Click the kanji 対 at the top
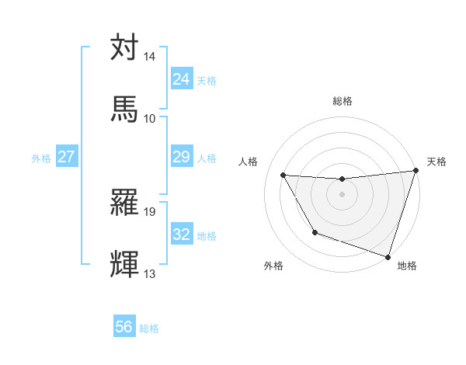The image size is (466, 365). click(125, 48)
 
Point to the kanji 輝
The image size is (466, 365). click(125, 265)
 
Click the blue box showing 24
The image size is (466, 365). click(181, 79)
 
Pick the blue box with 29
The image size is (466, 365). click(181, 158)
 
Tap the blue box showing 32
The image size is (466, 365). click(181, 235)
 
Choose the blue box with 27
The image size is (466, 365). click(66, 158)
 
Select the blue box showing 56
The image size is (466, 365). click(124, 328)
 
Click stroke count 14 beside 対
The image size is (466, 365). click(150, 57)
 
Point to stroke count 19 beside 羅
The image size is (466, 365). click(150, 211)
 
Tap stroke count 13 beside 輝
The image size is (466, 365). click(150, 274)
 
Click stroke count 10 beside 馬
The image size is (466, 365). click(150, 118)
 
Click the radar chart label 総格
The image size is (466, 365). click(343, 101)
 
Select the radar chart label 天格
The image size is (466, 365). click(436, 162)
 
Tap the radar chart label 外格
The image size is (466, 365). click(273, 266)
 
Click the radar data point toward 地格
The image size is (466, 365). click(388, 255)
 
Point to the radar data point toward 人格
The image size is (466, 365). click(283, 176)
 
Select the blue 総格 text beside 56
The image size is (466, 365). click(150, 328)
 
